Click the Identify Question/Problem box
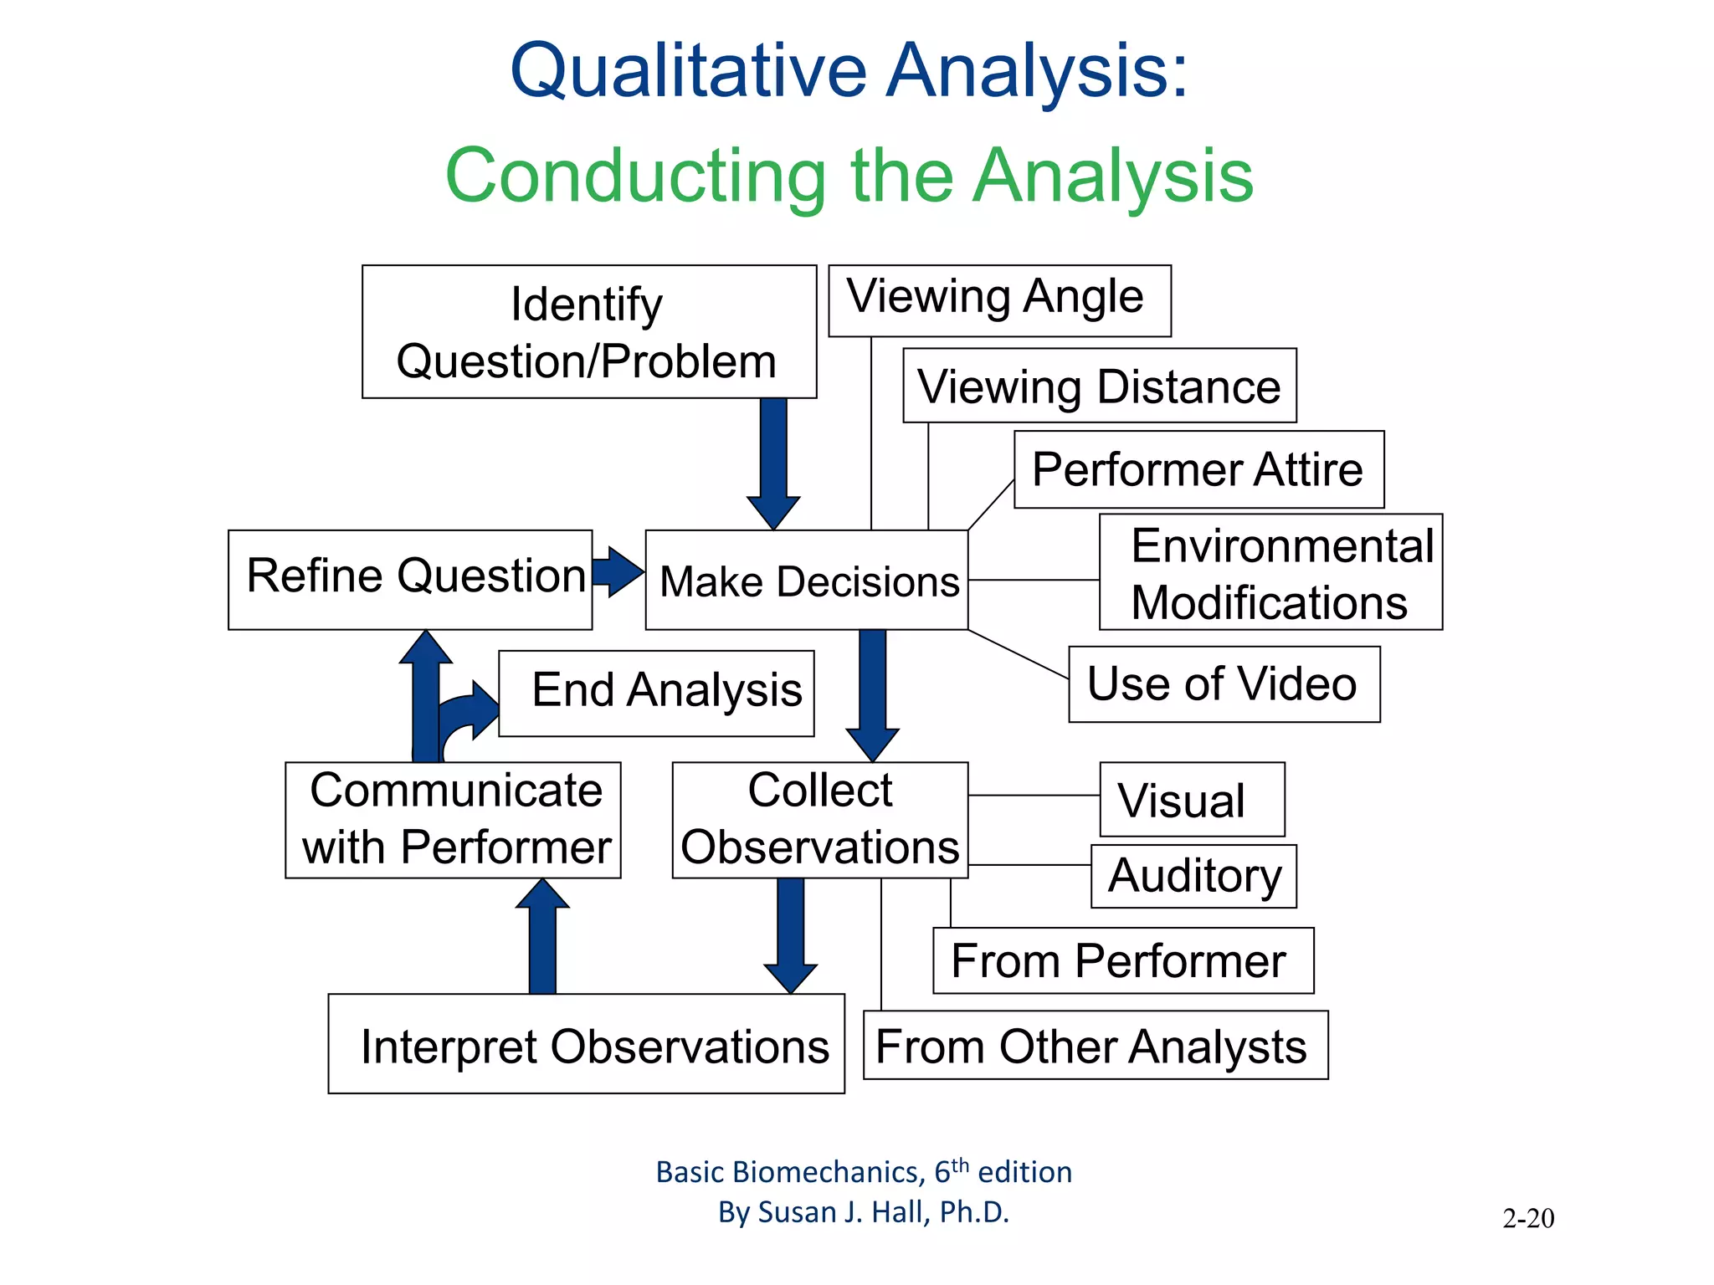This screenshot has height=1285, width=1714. coord(588,332)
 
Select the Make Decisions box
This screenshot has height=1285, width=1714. coord(807,580)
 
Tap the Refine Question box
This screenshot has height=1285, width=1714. coord(410,579)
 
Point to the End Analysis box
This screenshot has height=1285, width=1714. coord(657,693)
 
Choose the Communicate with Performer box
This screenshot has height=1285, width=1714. coord(453,819)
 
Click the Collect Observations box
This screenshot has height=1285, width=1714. coord(820,819)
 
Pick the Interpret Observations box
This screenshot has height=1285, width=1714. coord(586,1043)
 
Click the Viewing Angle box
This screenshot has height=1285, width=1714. coord(999,300)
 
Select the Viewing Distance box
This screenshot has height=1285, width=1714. coord(1099,386)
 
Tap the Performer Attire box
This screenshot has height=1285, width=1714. coord(1198,469)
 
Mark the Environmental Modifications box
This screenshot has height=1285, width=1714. coord(1270,572)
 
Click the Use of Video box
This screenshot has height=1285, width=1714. coord(1224,683)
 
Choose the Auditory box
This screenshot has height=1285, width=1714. coord(1193,876)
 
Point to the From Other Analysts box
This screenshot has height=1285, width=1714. coord(1095,1045)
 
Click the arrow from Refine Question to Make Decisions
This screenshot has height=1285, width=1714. coord(618,572)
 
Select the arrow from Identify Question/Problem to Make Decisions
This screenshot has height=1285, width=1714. coord(773,460)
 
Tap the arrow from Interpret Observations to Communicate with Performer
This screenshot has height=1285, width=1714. coord(542,937)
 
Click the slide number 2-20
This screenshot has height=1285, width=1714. coord(1528,1218)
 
